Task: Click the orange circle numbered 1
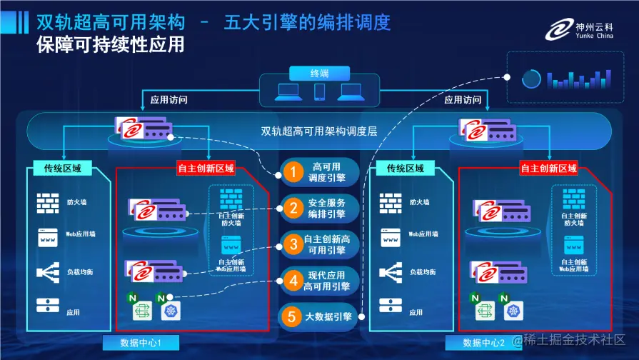291,171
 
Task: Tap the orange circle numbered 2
291,209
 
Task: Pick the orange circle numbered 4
291,281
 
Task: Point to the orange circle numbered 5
291,317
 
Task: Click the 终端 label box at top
319,73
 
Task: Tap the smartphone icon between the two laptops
319,92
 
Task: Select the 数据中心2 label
483,344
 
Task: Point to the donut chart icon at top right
530,79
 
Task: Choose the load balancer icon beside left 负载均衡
47,273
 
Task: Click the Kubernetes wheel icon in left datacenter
171,310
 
